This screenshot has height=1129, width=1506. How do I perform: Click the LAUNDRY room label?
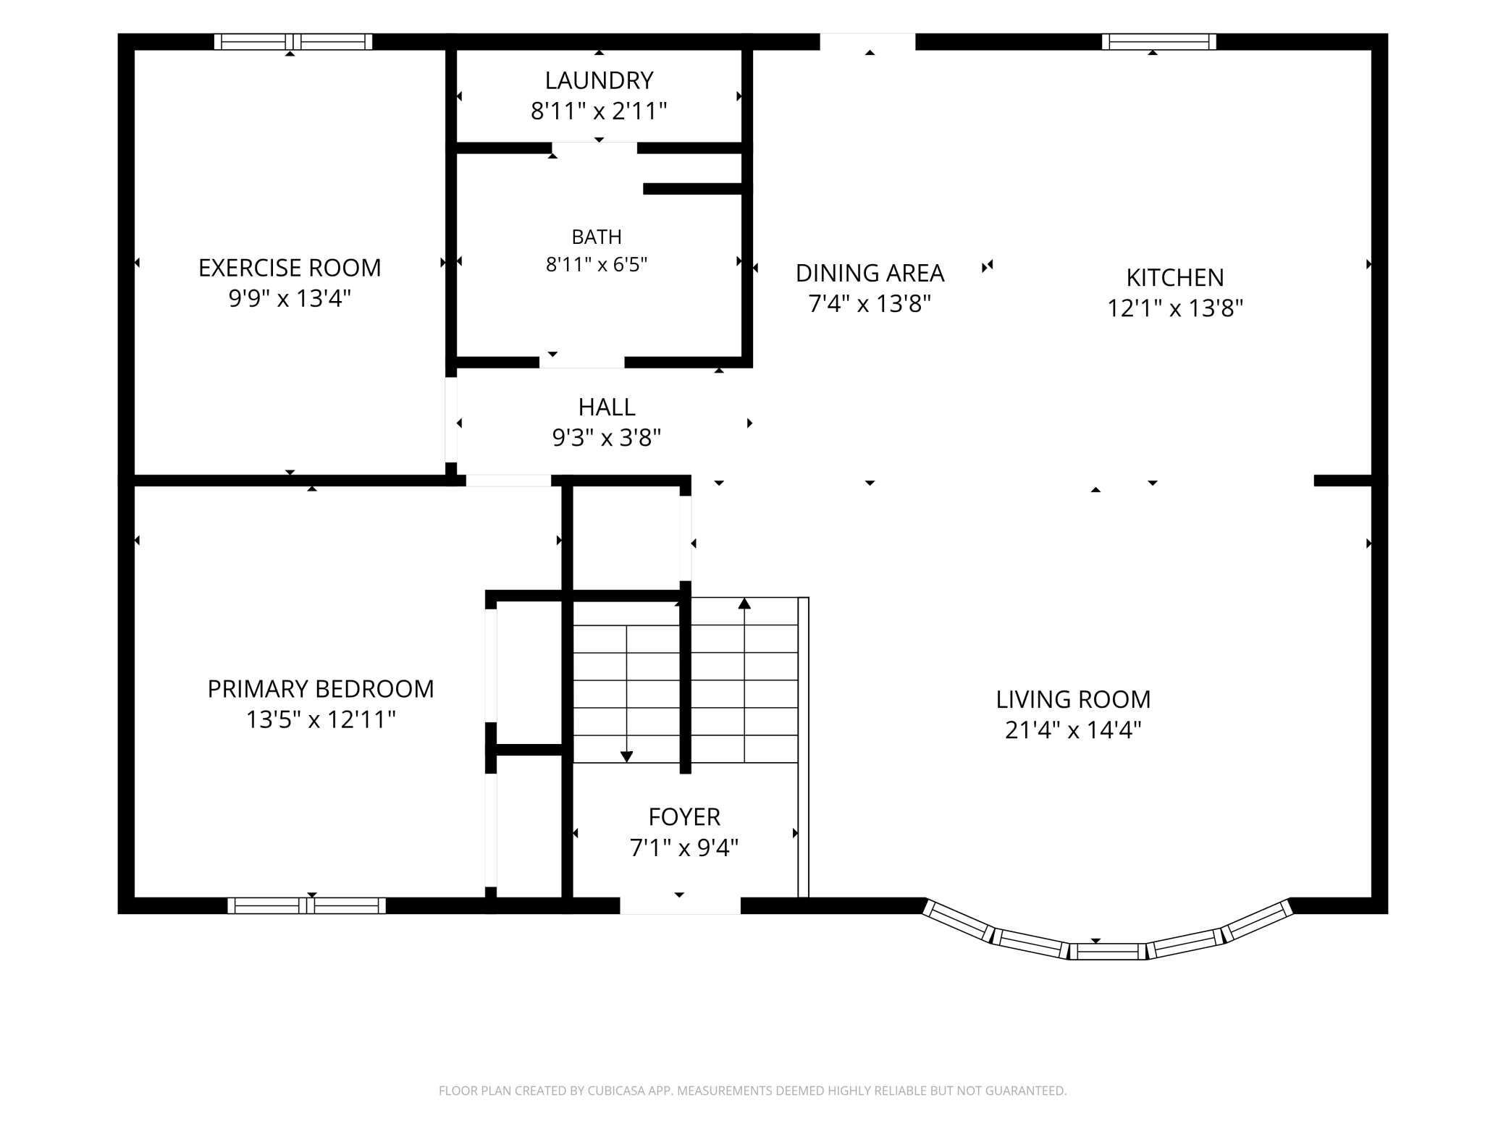tap(599, 80)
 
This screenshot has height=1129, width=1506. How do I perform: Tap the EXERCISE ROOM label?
tap(290, 268)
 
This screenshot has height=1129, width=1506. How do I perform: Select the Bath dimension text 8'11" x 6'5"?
tap(597, 264)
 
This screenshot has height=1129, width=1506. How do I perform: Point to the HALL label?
tap(607, 407)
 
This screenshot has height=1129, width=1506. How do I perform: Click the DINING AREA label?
tap(870, 273)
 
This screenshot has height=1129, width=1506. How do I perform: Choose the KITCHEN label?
tap(1175, 277)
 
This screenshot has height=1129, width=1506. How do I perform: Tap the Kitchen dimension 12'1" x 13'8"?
tap(1175, 308)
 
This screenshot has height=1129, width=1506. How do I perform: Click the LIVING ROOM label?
tap(1073, 699)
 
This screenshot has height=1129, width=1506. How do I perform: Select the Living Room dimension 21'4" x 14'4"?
tap(1073, 730)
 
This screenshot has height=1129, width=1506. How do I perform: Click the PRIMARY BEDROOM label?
tap(321, 688)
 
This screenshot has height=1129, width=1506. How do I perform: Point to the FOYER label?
tap(684, 816)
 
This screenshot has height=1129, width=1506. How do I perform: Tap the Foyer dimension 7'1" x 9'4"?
tap(684, 847)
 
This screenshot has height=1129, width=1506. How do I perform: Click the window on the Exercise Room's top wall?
tap(293, 41)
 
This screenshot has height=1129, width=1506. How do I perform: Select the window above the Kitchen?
tap(1158, 41)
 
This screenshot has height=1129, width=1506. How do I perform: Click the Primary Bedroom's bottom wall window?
tap(306, 905)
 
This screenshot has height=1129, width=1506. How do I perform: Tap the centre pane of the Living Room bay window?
tap(1108, 951)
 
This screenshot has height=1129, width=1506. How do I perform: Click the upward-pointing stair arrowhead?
tap(744, 603)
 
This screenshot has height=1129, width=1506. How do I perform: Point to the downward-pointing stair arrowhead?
tap(627, 756)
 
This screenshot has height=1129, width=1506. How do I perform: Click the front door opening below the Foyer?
tap(680, 905)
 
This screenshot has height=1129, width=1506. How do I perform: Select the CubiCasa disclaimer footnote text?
tap(753, 1090)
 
